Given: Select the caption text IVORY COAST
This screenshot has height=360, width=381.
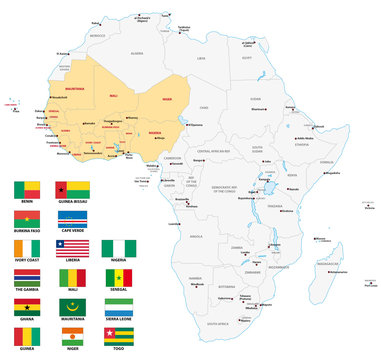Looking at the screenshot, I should click(x=26, y=268).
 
